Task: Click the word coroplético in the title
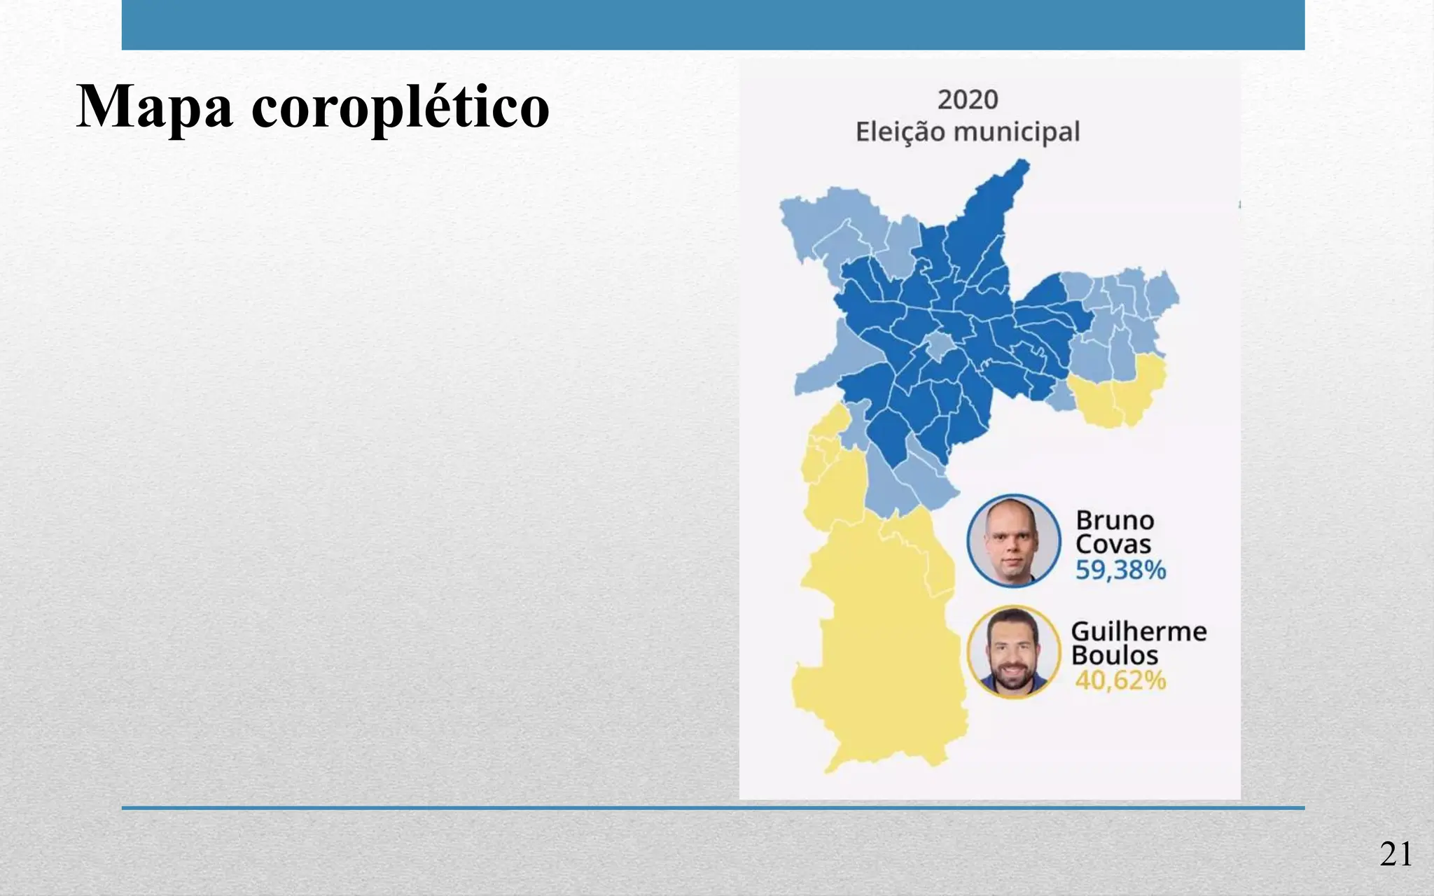pos(400,108)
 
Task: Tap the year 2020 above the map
pos(967,100)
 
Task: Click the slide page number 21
pos(1395,855)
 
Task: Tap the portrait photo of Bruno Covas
pos(1014,540)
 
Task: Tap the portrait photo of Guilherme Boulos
pos(1014,652)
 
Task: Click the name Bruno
pos(1115,520)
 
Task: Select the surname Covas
pos(1113,544)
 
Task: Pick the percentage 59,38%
pos(1120,570)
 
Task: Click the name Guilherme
pos(1139,631)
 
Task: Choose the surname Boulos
pos(1115,655)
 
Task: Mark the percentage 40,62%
pos(1120,680)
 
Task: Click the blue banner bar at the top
pos(713,24)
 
